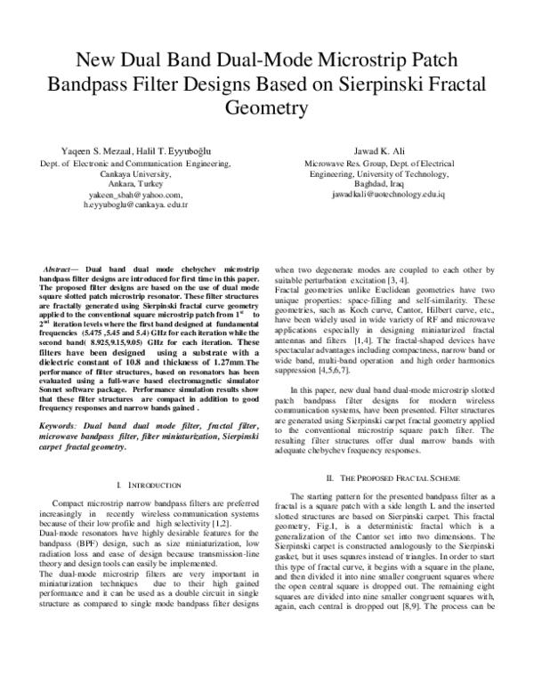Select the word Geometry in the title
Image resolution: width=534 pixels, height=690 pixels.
(266, 108)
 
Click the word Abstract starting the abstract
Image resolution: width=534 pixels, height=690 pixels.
(60, 269)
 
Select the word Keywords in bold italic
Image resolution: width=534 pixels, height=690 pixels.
(60, 426)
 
